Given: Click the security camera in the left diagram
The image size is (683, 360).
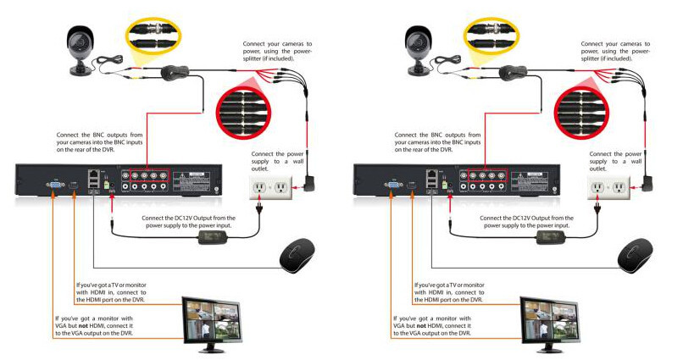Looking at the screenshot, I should click(x=83, y=47).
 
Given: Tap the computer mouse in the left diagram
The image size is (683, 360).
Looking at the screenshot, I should click(x=297, y=253).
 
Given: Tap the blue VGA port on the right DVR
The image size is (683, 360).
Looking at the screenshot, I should click(x=393, y=183).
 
